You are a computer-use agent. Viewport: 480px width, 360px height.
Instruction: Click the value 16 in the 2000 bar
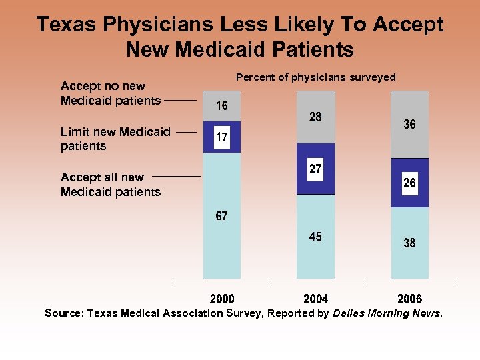(221, 106)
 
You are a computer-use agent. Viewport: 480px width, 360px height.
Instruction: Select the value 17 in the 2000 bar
(221, 137)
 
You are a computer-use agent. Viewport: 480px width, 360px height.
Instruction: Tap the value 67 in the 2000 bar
(221, 216)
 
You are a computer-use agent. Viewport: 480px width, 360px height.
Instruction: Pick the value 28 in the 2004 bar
(315, 117)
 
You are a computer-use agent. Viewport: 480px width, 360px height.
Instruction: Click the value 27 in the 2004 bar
(315, 169)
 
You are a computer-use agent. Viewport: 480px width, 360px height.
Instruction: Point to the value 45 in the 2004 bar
(315, 237)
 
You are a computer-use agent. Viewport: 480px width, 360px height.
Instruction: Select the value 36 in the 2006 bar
(409, 125)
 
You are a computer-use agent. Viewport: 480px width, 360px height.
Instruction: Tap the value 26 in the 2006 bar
(409, 183)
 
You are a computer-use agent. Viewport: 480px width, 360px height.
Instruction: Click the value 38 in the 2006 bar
(409, 243)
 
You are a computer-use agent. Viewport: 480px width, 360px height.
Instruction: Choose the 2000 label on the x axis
(221, 299)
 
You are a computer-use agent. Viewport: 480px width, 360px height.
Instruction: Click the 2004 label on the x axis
(315, 299)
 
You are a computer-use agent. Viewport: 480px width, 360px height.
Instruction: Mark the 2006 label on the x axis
(409, 299)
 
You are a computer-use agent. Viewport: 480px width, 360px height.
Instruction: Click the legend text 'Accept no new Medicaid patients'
(111, 93)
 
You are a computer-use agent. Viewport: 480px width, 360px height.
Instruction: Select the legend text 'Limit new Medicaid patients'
(115, 139)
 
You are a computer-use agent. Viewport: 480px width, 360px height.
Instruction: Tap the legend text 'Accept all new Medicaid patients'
(111, 185)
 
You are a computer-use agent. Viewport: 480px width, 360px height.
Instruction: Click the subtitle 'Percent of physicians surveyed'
(315, 77)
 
